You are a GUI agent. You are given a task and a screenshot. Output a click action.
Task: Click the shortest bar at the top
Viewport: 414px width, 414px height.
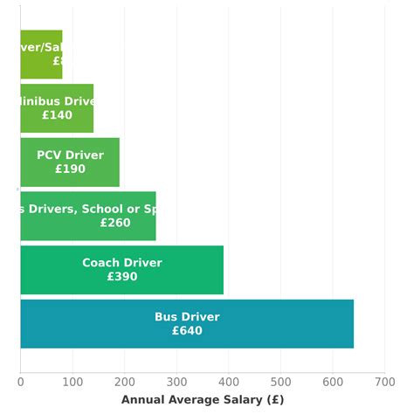(x=41, y=54)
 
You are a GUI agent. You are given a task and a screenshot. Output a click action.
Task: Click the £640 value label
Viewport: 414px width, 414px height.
(x=187, y=331)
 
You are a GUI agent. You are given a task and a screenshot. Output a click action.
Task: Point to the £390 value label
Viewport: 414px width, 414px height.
(x=122, y=277)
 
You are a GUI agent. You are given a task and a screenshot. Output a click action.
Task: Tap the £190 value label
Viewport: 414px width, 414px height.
(x=70, y=169)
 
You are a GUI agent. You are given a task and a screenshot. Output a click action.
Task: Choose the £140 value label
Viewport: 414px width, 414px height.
(x=57, y=115)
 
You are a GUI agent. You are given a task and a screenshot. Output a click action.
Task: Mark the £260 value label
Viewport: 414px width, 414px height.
(x=115, y=223)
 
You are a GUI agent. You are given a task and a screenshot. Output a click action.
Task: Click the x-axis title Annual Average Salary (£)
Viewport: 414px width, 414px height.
(x=203, y=399)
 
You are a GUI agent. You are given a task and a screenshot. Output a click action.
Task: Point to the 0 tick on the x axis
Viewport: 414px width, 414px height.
(x=20, y=381)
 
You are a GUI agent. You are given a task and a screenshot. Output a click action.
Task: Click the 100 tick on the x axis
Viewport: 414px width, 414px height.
(x=72, y=381)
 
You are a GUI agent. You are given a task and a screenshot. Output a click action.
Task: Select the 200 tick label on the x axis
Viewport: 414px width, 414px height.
(x=124, y=381)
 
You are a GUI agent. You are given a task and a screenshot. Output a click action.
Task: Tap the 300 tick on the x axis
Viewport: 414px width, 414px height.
(x=176, y=381)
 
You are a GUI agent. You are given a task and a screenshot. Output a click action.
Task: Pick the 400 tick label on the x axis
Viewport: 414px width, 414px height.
(x=229, y=381)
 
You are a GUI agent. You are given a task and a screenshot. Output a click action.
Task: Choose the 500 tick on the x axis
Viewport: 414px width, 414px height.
(x=280, y=381)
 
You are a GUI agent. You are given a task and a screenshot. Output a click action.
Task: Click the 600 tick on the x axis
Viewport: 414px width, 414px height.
(x=333, y=381)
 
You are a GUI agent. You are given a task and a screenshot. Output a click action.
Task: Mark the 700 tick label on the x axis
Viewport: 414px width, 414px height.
(x=385, y=381)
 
